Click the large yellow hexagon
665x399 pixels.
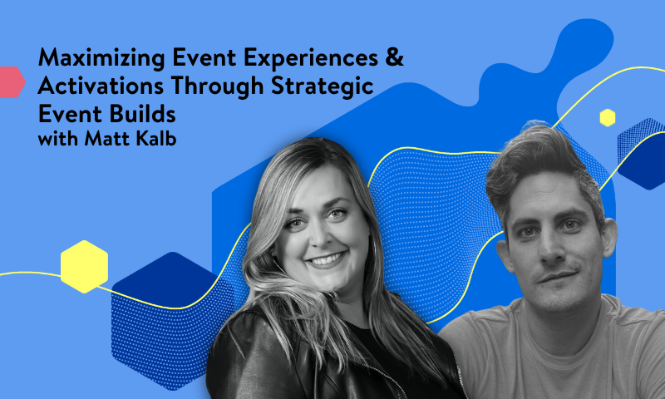pyautogui.click(x=84, y=266)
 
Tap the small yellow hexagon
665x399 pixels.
pyautogui.click(x=607, y=117)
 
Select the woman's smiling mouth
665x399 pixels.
pyautogui.click(x=326, y=260)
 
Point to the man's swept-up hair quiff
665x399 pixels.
pyautogui.click(x=532, y=154)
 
